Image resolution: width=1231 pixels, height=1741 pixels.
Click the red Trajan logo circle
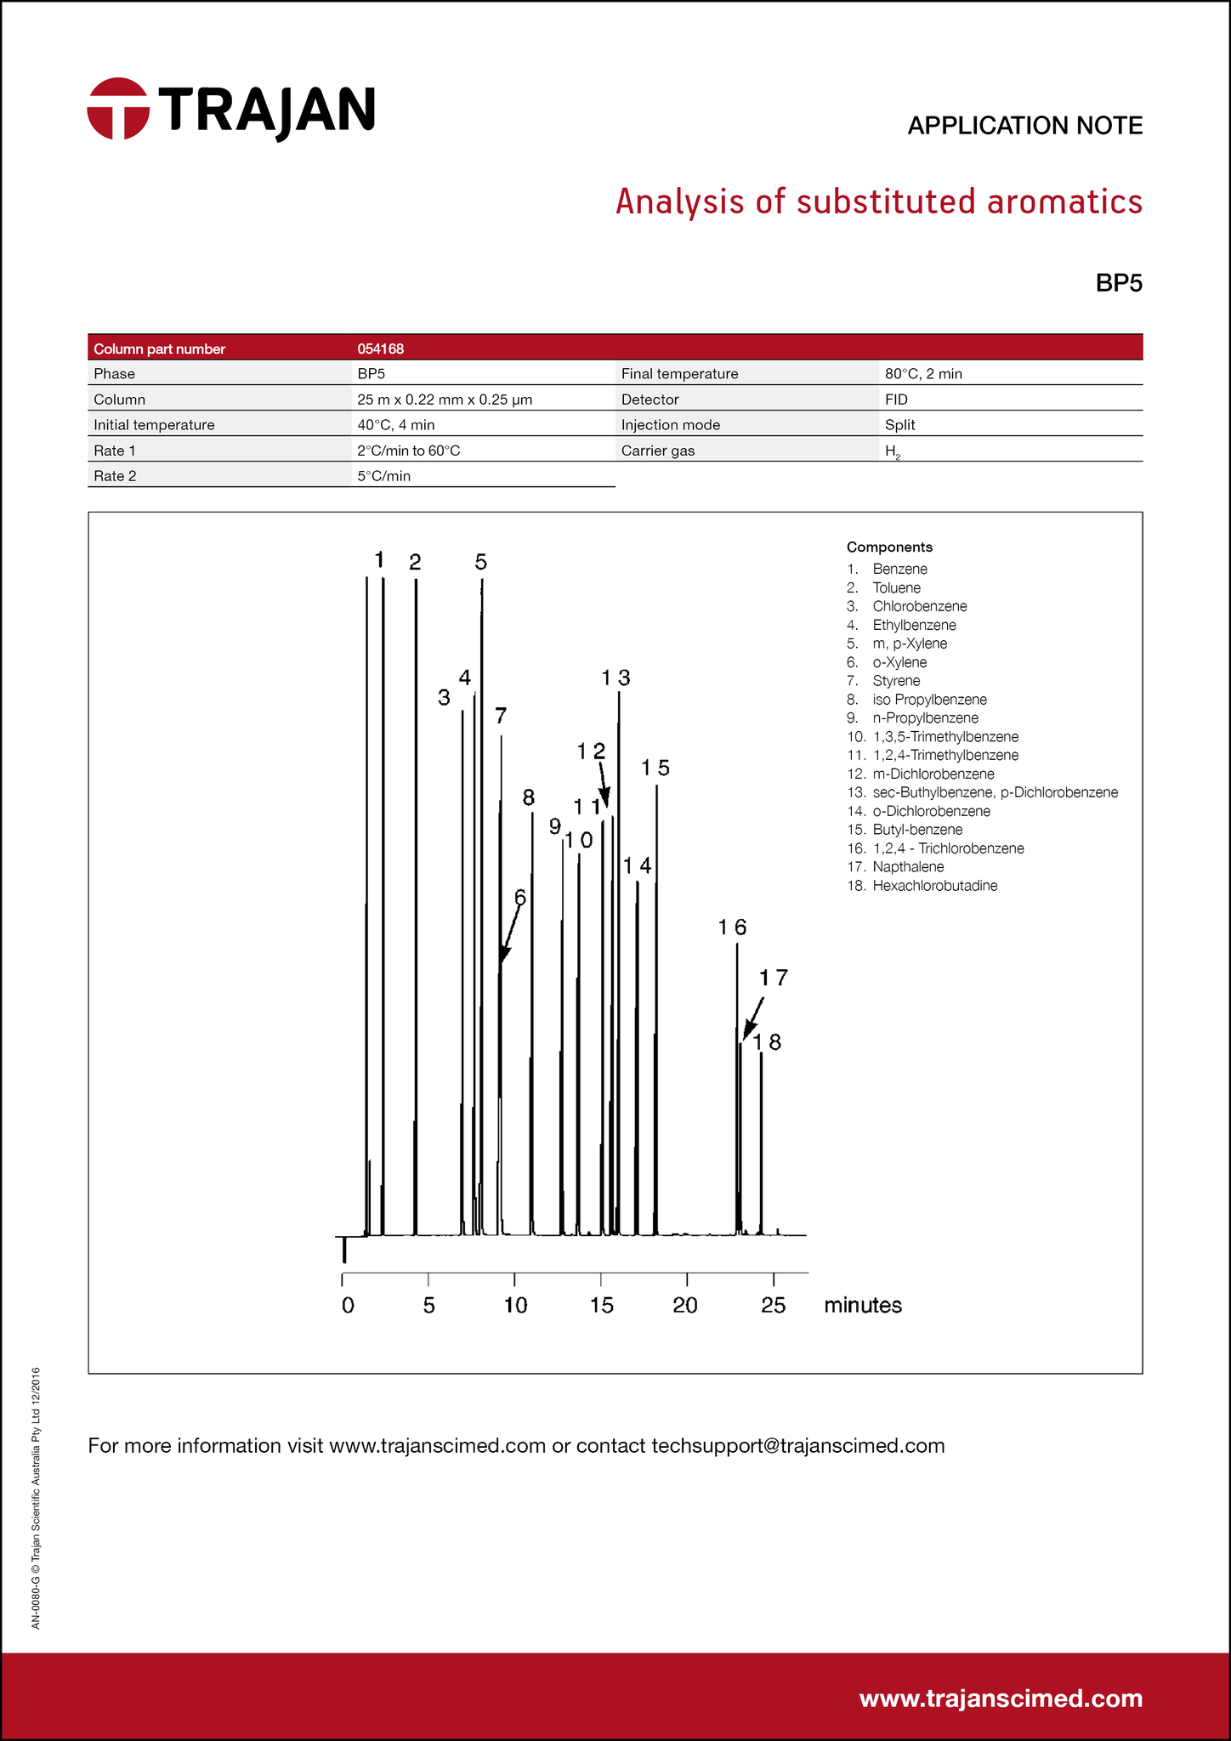click(118, 109)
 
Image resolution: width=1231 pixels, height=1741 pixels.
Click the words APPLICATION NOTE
click(1024, 126)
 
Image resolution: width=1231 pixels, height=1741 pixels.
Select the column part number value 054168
click(380, 349)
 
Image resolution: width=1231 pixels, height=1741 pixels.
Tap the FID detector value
click(896, 400)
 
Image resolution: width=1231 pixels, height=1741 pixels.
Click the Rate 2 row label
click(115, 476)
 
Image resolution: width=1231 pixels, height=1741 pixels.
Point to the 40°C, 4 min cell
click(395, 425)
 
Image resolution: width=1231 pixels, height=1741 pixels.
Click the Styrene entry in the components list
click(896, 681)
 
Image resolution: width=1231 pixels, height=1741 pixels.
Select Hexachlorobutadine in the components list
click(934, 886)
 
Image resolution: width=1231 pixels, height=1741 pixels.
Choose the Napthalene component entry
click(908, 867)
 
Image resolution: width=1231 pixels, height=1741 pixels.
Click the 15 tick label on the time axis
click(601, 1305)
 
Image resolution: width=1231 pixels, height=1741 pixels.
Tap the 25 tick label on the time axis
click(773, 1305)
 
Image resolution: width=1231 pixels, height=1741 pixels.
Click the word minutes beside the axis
click(862, 1305)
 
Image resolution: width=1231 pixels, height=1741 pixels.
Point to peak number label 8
click(529, 797)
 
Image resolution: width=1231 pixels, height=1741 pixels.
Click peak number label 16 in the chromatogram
click(732, 927)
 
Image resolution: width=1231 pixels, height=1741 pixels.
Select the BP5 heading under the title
click(1118, 283)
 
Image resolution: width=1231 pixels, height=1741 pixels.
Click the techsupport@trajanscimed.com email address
click(797, 1446)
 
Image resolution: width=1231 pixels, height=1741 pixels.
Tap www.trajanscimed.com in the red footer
click(1001, 1698)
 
